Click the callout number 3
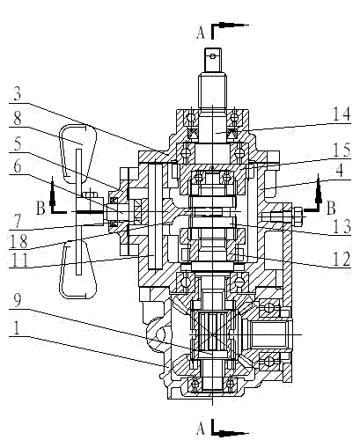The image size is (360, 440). tap(18, 94)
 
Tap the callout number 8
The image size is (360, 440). tap(18, 119)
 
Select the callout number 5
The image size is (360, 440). tap(18, 144)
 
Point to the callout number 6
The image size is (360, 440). tap(18, 166)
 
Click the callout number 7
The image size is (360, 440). tap(18, 221)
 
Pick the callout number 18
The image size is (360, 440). tap(18, 241)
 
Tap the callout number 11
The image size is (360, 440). tap(18, 260)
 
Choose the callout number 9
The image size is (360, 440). tap(18, 301)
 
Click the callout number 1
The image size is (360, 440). tap(17, 327)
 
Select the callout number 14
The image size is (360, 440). tap(342, 114)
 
